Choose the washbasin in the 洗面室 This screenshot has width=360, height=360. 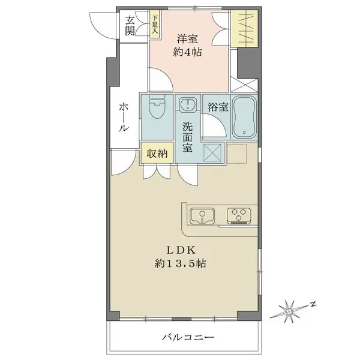click(189, 106)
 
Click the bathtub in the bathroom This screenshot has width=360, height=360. click(244, 116)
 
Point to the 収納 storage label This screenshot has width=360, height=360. click(157, 153)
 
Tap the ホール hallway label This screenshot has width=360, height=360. click(124, 117)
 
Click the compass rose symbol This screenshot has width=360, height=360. click(291, 311)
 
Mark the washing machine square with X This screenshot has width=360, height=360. click(213, 152)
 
